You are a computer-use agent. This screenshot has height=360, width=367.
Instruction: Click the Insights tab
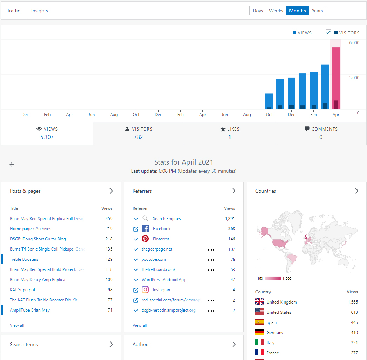click(x=39, y=11)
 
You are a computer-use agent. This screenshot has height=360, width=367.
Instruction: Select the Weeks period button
click(x=276, y=11)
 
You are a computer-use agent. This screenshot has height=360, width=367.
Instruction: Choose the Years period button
click(x=317, y=11)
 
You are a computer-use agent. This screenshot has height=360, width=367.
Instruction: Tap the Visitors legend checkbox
click(x=328, y=33)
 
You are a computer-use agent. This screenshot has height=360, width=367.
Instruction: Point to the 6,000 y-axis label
click(x=354, y=43)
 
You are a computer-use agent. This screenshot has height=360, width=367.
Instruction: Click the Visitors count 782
click(x=138, y=137)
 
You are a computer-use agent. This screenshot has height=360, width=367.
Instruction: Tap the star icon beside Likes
click(x=223, y=129)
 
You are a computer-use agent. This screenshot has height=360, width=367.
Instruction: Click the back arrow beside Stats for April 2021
click(x=12, y=164)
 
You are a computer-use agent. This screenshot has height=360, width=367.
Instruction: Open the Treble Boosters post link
click(x=24, y=259)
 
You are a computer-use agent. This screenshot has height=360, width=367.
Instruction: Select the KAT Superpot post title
click(x=22, y=290)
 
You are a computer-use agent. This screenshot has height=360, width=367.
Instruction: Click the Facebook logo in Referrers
click(x=145, y=229)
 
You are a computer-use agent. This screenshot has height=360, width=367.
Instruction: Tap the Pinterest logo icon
click(x=145, y=239)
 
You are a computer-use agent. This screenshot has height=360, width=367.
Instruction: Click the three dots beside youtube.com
click(x=211, y=260)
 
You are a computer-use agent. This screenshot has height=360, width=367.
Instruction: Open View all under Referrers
click(x=140, y=325)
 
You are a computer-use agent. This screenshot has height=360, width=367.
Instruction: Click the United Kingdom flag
click(x=260, y=302)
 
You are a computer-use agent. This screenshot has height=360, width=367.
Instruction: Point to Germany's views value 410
click(x=354, y=333)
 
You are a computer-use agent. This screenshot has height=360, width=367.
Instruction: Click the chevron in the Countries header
click(x=357, y=191)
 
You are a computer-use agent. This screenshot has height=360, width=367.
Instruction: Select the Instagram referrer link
click(x=162, y=290)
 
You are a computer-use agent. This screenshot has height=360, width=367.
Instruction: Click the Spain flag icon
click(x=260, y=322)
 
